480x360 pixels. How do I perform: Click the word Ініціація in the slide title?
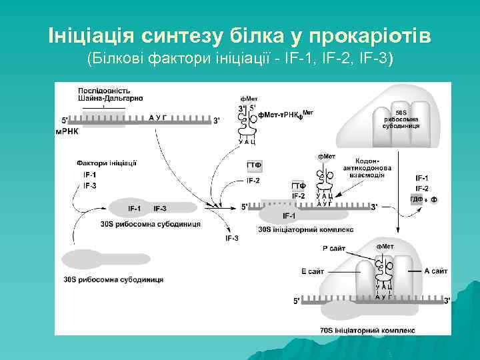click(91, 34)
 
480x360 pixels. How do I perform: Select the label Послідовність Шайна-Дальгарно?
click(105, 94)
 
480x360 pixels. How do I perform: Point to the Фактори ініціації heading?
click(107, 163)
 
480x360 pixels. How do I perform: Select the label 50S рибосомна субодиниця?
click(406, 119)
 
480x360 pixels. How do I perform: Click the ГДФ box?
click(416, 200)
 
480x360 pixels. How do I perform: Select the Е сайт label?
click(312, 271)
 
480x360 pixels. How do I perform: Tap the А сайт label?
click(435, 271)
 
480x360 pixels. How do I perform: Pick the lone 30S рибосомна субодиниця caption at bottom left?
click(113, 279)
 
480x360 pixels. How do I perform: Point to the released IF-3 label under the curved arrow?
click(232, 237)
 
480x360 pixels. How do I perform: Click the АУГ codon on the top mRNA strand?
click(157, 117)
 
